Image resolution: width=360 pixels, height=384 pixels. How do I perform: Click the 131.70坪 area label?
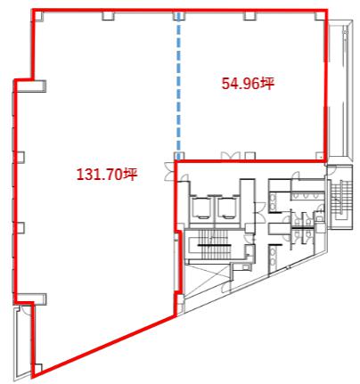pos(107,174)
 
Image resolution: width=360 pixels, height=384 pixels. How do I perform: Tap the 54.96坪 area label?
pos(248,84)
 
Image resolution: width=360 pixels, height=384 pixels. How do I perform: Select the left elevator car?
pos(200,208)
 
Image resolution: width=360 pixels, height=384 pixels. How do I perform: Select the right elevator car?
pos(226,208)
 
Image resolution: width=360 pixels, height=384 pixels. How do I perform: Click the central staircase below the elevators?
pos(215,245)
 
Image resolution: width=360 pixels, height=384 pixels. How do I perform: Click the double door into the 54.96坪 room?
pos(230,156)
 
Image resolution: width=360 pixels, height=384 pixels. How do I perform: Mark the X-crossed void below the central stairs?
pos(208,280)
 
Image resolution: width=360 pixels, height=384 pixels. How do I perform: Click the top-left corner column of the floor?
pos(39,15)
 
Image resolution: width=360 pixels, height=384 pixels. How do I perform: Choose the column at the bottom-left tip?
pos(37,367)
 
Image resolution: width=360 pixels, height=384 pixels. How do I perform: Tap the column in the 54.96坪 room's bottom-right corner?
pos(320,156)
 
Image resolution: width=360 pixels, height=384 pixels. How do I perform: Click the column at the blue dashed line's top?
pos(178,16)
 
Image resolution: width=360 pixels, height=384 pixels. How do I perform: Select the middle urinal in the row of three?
pos(306,196)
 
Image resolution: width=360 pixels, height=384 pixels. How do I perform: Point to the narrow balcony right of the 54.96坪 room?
pos(340,90)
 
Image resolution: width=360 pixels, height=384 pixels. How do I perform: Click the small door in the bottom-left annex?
pos(23,310)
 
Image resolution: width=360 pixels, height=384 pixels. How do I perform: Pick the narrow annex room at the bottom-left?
pos(22,342)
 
